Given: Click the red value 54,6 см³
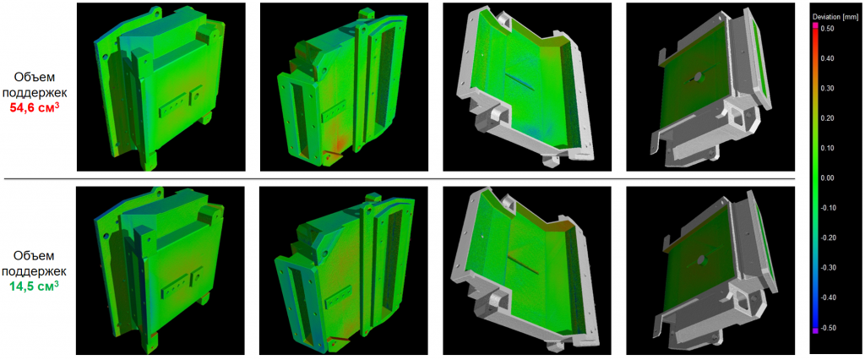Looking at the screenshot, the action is (35, 107).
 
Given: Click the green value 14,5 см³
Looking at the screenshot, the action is (35, 286).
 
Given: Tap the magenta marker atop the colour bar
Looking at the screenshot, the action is (815, 26).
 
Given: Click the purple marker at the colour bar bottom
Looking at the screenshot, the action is (815, 330).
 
